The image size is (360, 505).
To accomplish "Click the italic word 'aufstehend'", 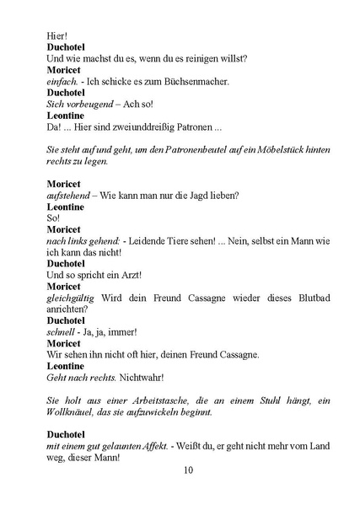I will [67, 196].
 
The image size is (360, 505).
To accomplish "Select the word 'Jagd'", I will [191, 196].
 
